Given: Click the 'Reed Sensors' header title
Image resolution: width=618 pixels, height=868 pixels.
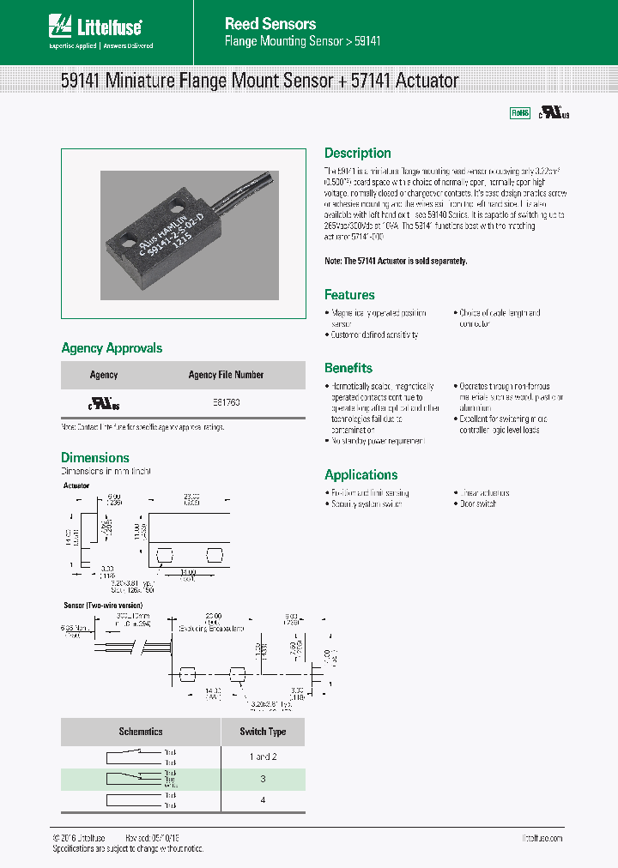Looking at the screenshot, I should click(x=270, y=24).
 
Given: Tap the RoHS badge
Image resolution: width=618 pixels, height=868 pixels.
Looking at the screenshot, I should click(x=520, y=112).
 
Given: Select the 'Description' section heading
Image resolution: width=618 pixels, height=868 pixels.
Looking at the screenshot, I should click(x=357, y=154).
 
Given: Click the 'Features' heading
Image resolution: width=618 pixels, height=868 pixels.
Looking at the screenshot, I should click(x=348, y=295).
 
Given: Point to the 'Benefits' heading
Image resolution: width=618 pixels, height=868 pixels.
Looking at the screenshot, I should click(x=348, y=368).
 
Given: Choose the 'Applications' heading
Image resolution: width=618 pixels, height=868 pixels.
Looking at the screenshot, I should click(x=360, y=475).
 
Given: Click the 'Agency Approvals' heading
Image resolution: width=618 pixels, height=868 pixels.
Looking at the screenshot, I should click(x=112, y=348).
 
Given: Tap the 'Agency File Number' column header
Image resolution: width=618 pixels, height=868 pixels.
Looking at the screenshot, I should click(x=226, y=375).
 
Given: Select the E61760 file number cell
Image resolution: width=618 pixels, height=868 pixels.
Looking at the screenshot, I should click(x=226, y=401).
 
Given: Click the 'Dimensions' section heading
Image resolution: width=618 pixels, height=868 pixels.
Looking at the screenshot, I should click(x=94, y=458).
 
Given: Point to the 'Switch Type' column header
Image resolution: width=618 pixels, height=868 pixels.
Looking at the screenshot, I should click(x=262, y=732).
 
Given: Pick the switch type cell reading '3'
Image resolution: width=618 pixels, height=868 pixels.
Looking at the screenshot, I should click(x=263, y=779).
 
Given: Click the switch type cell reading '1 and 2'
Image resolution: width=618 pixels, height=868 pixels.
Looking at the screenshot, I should click(x=263, y=756).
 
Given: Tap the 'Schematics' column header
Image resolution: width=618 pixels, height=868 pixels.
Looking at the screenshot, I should click(x=140, y=732).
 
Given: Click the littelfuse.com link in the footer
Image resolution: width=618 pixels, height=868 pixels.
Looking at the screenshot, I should click(x=542, y=838).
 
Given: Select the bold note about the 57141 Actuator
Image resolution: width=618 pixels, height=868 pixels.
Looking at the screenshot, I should click(x=396, y=261).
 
